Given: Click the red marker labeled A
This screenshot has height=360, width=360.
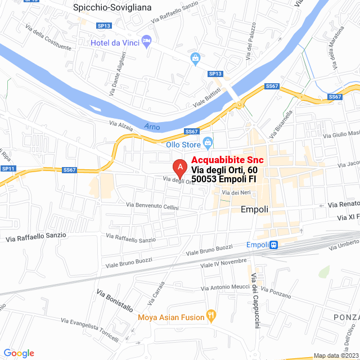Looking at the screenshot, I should [x=179, y=167].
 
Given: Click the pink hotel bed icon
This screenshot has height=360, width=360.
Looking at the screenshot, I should [x=147, y=40].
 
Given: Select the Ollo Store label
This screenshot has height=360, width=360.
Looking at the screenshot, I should [x=183, y=143].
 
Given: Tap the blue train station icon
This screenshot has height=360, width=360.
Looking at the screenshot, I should [x=273, y=245].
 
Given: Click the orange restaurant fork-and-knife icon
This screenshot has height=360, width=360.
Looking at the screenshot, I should [x=211, y=316].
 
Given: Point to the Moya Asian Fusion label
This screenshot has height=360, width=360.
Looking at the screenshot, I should [x=172, y=317].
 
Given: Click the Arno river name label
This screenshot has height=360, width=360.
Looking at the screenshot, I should [x=160, y=126].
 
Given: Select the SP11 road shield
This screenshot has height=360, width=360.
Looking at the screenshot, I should [x=7, y=169].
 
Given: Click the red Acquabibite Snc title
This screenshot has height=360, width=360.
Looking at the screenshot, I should [x=227, y=160].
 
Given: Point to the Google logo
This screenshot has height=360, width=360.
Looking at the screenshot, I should [x=19, y=353].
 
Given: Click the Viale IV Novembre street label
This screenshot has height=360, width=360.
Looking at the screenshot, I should [x=223, y=263].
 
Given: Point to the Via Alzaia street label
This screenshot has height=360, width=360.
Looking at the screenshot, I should [x=121, y=127].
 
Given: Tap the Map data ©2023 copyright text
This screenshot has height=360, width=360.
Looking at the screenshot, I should [x=336, y=355].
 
